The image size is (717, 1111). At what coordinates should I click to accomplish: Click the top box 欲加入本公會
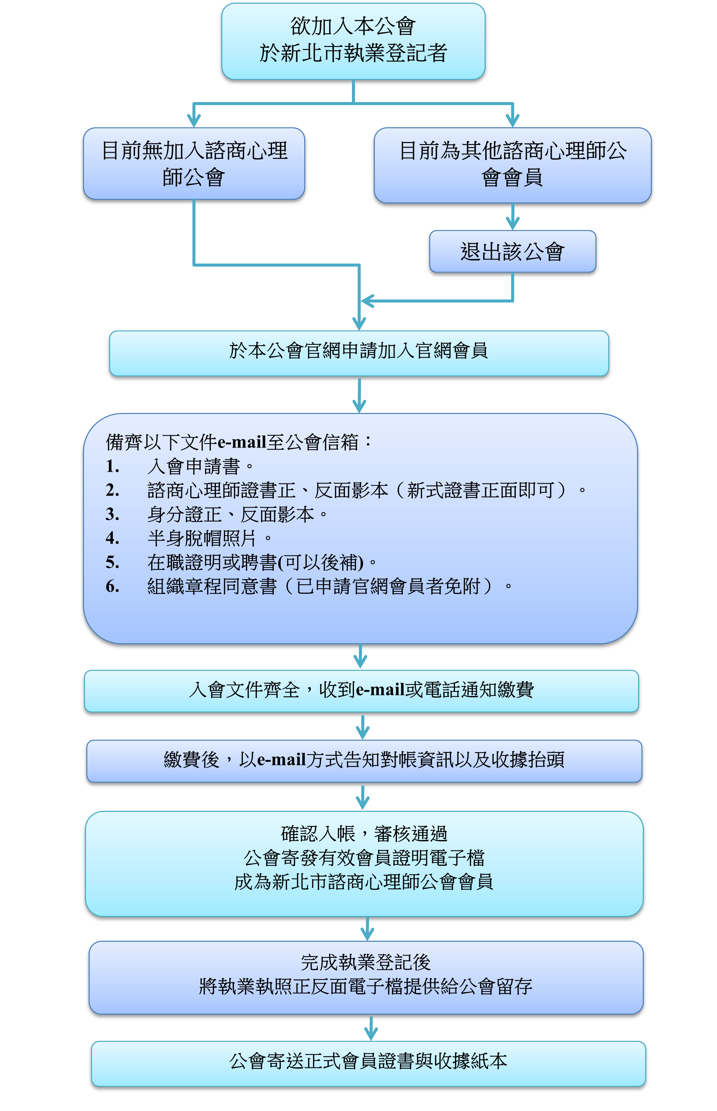(x=353, y=41)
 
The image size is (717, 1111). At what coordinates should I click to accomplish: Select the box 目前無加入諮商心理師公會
(x=194, y=164)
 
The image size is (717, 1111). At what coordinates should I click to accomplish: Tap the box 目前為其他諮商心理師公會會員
(x=512, y=165)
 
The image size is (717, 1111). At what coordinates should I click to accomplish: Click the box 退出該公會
(x=512, y=251)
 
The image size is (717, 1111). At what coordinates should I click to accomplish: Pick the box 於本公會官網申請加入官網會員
(x=359, y=353)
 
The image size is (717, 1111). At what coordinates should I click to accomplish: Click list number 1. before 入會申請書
(x=113, y=466)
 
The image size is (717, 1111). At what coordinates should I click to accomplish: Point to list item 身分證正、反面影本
(x=237, y=514)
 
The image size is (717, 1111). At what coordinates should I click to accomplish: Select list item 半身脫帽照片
(x=210, y=539)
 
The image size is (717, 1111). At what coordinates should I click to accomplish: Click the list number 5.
(x=113, y=562)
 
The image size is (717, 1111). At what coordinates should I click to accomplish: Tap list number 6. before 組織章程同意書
(x=113, y=586)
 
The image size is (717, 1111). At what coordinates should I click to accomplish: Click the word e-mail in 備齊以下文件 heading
(x=242, y=442)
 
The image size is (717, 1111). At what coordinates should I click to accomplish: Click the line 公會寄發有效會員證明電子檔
(x=364, y=858)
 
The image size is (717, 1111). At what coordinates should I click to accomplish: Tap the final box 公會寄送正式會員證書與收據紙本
(x=368, y=1064)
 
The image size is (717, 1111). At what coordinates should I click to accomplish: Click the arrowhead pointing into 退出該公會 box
(x=512, y=223)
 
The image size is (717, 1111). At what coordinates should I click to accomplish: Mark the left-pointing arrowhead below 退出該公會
(x=368, y=301)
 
